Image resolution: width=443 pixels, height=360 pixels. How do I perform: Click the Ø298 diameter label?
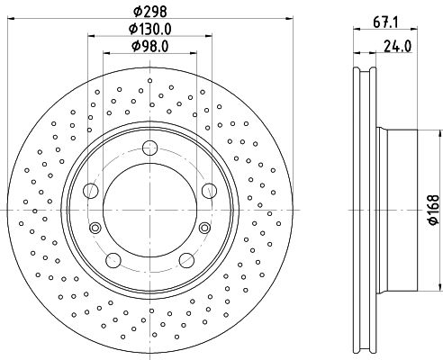(149, 12)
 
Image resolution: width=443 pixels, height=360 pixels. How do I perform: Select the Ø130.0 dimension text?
(150, 29)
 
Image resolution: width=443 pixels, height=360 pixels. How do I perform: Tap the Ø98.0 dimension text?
(150, 46)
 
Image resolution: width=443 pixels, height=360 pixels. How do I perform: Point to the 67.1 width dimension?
(385, 22)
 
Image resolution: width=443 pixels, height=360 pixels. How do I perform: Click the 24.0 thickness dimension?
(398, 46)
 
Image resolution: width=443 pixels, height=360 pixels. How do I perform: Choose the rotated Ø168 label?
(434, 210)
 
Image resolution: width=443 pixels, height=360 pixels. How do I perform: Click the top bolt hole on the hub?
(149, 148)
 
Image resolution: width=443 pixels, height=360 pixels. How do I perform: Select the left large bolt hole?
(90, 191)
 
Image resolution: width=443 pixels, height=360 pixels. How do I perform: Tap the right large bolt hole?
(209, 191)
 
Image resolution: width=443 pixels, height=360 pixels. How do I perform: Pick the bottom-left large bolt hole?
(113, 260)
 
